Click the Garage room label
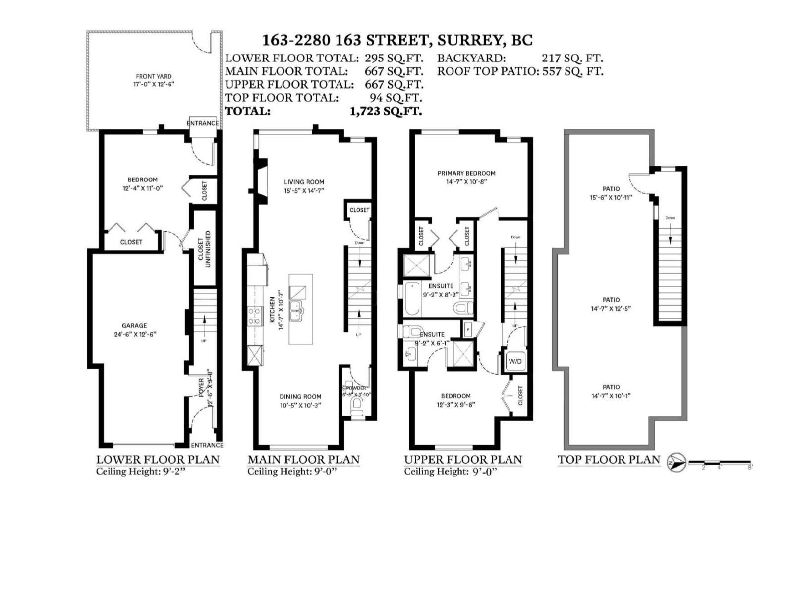pos(134,330)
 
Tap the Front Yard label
pos(154,80)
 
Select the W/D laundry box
pos(515,361)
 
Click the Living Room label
pos(304,186)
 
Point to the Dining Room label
pos(300,400)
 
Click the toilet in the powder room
pos(356,407)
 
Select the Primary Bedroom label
pos(466,177)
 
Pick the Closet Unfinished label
pos(204,249)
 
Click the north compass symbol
pos(676,462)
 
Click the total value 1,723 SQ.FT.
pos(386,111)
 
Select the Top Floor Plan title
pos(609,460)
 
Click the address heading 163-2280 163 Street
pos(396,40)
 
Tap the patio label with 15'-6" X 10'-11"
pos(611,193)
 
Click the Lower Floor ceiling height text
pos(140,471)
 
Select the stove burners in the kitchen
pos(254,315)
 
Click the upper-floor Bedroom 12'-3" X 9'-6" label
pos(455,400)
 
